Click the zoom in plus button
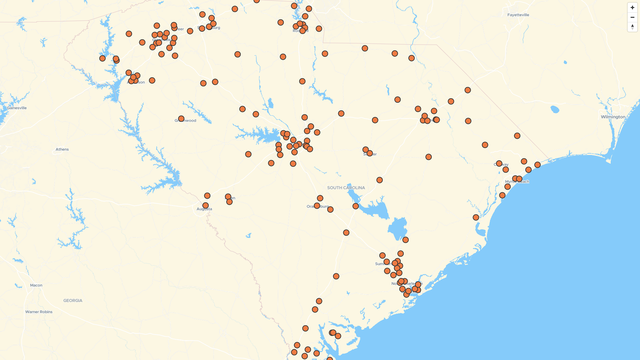[632, 8]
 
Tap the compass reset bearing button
[632, 27]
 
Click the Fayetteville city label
[518, 15]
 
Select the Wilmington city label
[613, 117]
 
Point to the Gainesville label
[17, 108]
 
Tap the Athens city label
[62, 149]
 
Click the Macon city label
[36, 285]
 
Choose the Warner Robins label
[39, 312]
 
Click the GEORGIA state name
[73, 301]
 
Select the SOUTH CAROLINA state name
[346, 188]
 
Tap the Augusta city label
[204, 209]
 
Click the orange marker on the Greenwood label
[181, 119]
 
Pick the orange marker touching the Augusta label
[205, 206]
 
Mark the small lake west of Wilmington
[555, 109]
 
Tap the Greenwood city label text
[189, 121]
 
